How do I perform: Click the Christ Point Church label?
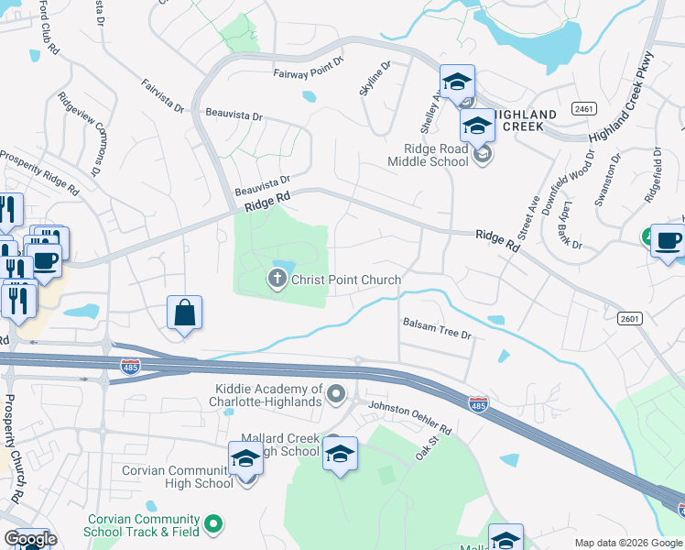click(x=346, y=280)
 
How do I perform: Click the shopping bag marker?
click(x=185, y=313)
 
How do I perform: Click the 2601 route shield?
click(x=629, y=318)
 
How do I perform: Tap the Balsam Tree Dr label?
click(x=436, y=329)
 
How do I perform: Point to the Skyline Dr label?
click(x=375, y=78)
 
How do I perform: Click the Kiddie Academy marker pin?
click(x=337, y=395)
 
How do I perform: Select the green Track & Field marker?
click(x=213, y=524)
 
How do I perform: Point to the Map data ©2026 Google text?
click(x=627, y=543)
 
